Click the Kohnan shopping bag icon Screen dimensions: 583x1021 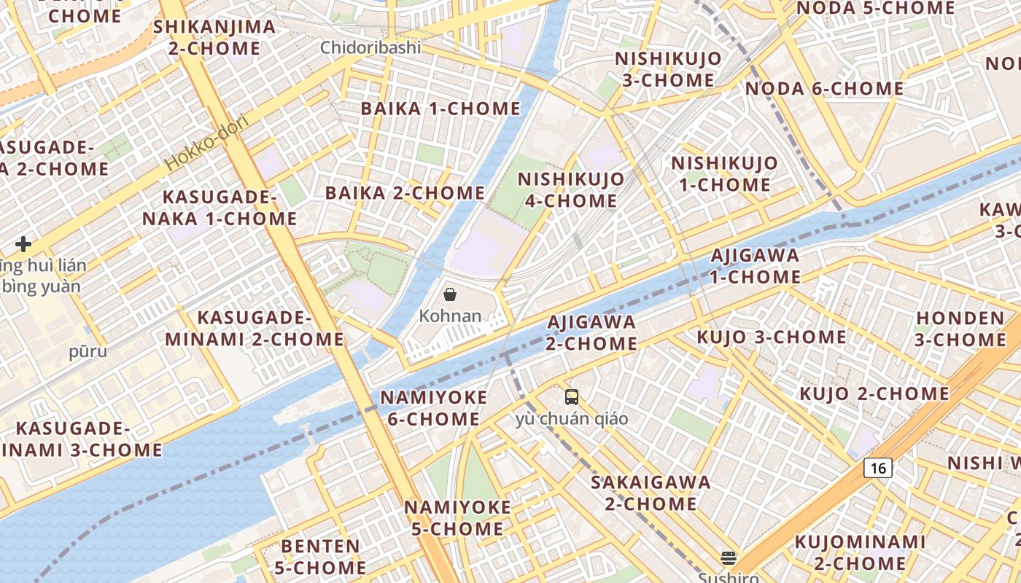tap(450, 294)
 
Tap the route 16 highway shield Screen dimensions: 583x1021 tap(878, 468)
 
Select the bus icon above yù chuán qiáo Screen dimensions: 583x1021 tap(572, 397)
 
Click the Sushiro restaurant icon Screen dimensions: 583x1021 tap(728, 558)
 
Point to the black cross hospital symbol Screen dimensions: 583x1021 tap(23, 243)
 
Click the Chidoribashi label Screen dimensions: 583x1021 tap(370, 48)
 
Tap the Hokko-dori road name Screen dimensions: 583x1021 tap(207, 142)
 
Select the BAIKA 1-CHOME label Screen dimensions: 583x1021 tap(440, 109)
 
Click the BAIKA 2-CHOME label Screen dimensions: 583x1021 tap(405, 193)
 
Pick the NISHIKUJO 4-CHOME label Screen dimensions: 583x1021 tap(570, 189)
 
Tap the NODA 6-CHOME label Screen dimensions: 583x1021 tap(824, 89)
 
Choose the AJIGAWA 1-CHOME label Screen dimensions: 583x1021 tap(755, 266)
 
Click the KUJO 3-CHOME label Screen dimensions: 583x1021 tap(772, 337)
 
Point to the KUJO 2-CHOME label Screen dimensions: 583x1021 tap(874, 394)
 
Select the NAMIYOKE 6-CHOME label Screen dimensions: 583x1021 tap(433, 408)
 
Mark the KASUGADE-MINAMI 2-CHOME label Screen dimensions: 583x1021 tap(254, 328)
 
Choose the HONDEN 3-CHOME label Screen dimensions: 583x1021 tap(960, 329)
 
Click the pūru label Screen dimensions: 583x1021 tap(88, 352)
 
